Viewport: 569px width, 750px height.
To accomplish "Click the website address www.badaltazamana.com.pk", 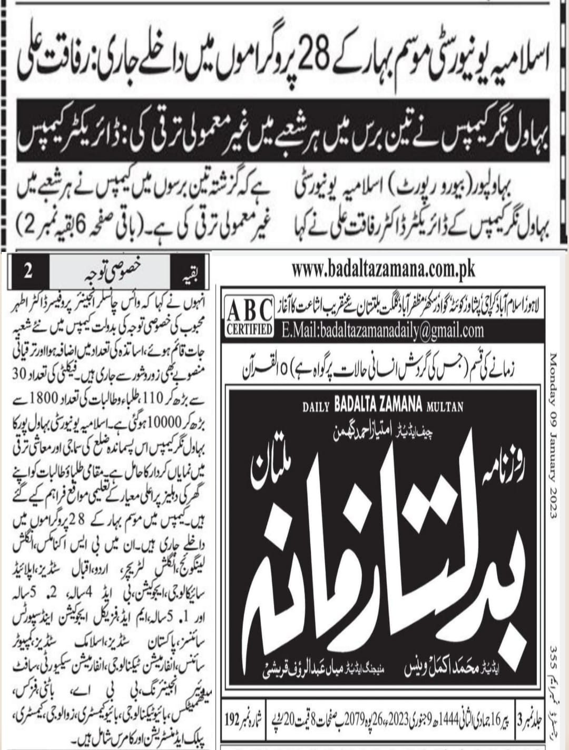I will click(x=383, y=270).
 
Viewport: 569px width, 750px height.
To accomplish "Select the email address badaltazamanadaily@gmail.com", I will click(x=382, y=330).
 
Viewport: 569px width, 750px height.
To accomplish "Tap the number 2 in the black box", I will click(x=28, y=273).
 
